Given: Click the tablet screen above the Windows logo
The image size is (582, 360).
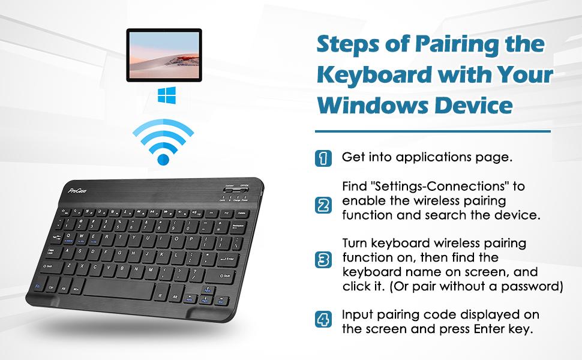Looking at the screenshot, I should point(164,55).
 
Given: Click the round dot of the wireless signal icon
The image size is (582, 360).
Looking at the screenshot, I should point(163,159).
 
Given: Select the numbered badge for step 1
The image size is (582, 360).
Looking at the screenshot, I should point(323,158).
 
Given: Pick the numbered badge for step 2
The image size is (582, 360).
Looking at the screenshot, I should point(323,206).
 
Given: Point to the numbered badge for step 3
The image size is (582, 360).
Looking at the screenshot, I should point(323,260).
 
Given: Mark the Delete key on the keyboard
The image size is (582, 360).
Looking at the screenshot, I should point(241,213).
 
